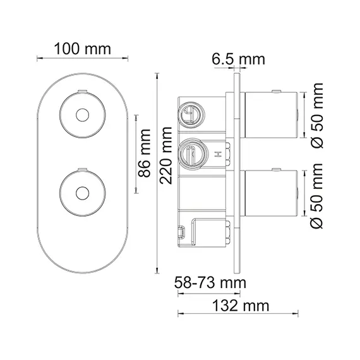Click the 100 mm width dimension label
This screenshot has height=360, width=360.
tap(82, 49)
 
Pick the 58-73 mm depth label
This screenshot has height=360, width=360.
tap(210, 281)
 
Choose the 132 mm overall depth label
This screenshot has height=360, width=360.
tap(241, 306)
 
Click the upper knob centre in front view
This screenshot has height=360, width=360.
tap(82, 116)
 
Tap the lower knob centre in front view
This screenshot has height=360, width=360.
tap(82, 192)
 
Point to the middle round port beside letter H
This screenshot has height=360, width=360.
tap(191, 152)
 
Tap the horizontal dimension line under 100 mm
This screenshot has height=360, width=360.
tap(82, 59)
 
